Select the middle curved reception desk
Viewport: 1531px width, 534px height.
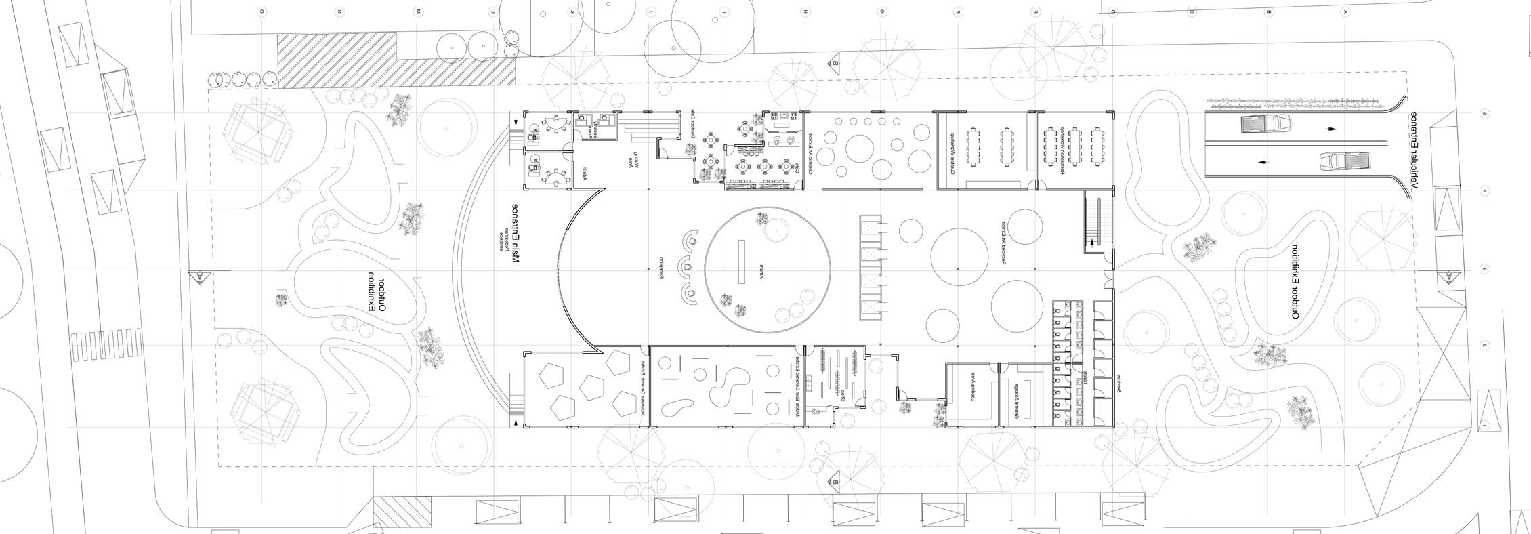point(687,267)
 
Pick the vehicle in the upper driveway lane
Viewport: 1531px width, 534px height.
point(1265,124)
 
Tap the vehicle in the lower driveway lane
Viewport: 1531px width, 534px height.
point(1344,162)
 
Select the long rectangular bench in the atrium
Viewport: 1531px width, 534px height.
point(740,264)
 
